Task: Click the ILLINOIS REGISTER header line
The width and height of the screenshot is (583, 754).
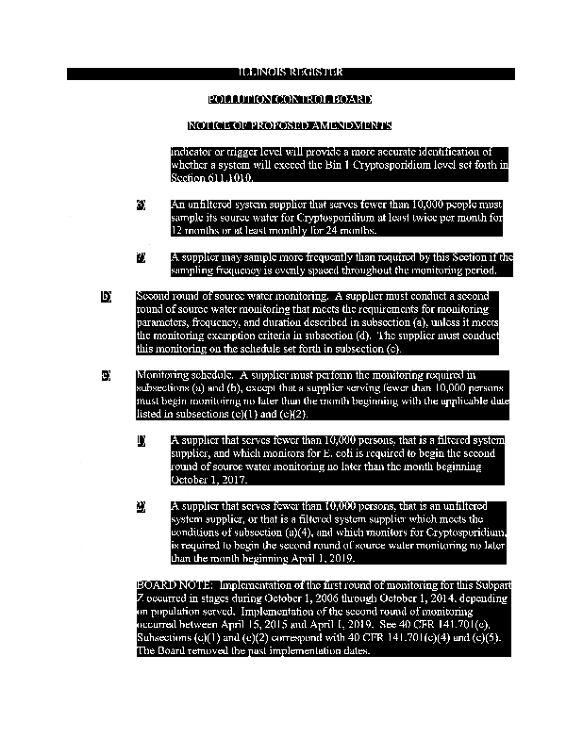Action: [x=291, y=73]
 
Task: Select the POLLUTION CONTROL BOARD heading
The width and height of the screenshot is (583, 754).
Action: [x=291, y=99]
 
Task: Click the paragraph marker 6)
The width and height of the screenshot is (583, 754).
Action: [x=142, y=205]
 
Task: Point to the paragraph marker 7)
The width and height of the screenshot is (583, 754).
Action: [x=142, y=257]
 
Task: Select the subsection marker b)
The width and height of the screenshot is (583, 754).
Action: [x=106, y=296]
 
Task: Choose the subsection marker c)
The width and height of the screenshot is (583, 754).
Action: [x=106, y=375]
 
